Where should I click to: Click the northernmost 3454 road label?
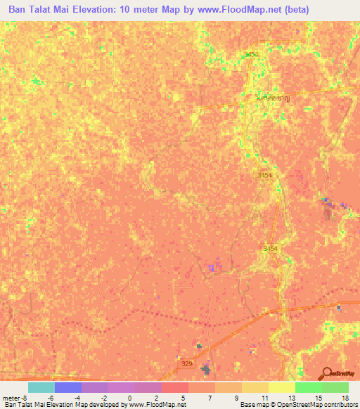click(x=252, y=54)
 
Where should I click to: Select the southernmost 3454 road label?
click(x=271, y=249)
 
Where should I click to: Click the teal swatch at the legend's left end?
click(x=41, y=387)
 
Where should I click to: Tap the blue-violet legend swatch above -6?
click(x=67, y=387)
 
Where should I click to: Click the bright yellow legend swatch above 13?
click(x=281, y=387)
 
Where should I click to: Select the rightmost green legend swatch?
click(x=335, y=387)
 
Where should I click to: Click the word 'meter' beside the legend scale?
click(x=11, y=398)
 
